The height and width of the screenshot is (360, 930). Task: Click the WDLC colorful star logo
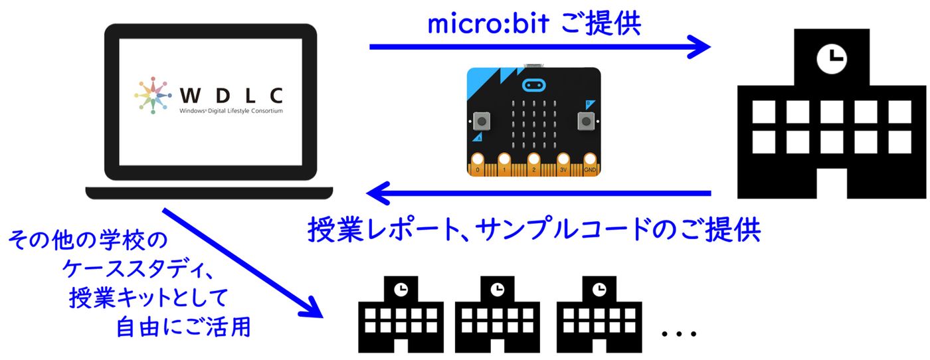pos(153,95)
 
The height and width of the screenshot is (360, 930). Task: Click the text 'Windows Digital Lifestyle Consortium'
pos(231,111)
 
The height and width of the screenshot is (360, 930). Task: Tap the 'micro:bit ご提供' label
pos(534,24)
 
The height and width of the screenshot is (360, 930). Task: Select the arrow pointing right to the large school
pos(539,46)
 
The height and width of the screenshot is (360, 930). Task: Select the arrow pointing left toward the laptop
pos(539,193)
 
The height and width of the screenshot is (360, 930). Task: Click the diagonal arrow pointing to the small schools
pos(243,263)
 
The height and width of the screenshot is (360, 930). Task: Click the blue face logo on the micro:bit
pos(534,86)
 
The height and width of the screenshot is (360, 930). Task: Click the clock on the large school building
pos(832,58)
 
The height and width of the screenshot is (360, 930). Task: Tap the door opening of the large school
pos(832,183)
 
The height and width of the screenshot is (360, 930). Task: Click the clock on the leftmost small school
pos(401,290)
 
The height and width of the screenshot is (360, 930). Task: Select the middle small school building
pos(498,314)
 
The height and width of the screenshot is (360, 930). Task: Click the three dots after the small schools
pos(679,333)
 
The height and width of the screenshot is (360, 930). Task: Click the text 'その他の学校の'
pos(88,240)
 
